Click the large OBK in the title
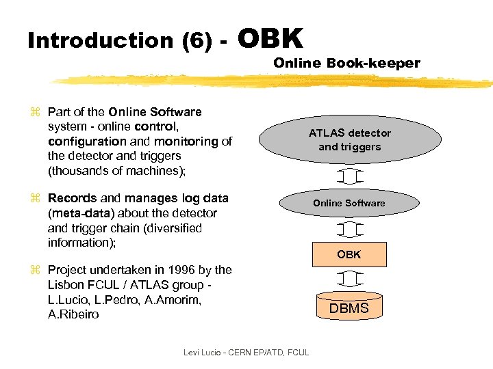coord(271,38)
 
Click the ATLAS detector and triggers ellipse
coord(349,140)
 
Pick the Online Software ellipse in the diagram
coord(349,203)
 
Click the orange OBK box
coord(349,254)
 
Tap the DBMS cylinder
coord(349,306)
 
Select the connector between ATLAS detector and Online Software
coord(349,176)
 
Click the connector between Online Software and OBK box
coord(349,228)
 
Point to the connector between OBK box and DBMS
coord(349,279)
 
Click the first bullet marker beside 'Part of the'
coord(36,112)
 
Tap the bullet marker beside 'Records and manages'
coord(36,199)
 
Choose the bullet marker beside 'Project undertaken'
coord(36,271)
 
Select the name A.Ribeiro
coord(73,314)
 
